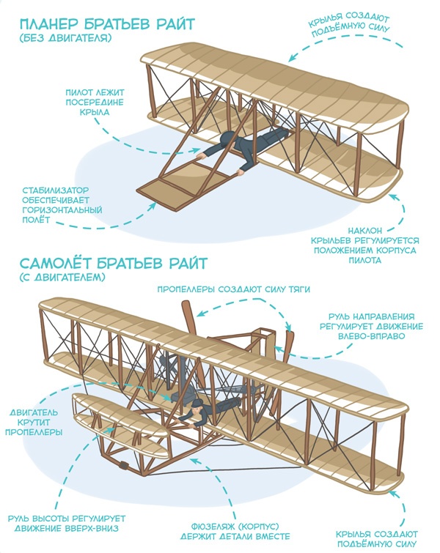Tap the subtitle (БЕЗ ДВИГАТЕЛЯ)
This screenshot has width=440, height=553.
pyautogui.click(x=65, y=38)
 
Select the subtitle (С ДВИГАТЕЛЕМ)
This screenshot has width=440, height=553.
pyautogui.click(x=63, y=278)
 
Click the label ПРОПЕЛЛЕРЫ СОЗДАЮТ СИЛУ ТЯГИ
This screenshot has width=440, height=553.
pyautogui.click(x=233, y=289)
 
